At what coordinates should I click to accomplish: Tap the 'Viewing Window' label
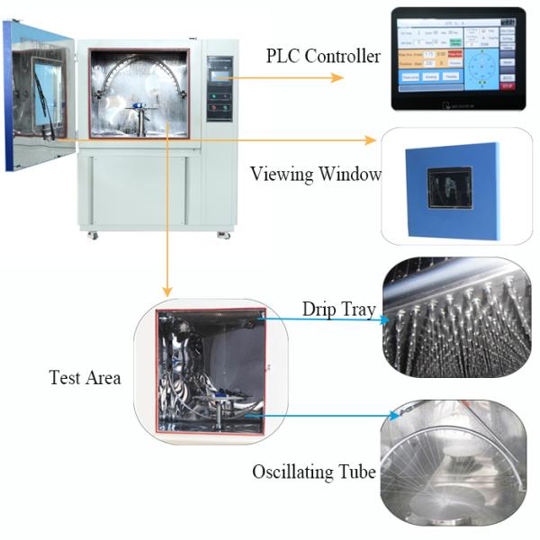[x=315, y=174]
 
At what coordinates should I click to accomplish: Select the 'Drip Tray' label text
[x=338, y=310]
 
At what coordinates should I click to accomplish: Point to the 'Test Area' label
[x=85, y=377]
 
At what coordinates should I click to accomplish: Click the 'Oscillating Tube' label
[x=313, y=472]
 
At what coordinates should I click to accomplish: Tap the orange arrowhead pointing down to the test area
[x=166, y=291]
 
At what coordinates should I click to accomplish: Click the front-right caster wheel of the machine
[x=222, y=235]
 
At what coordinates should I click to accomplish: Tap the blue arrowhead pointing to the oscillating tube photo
[x=395, y=416]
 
